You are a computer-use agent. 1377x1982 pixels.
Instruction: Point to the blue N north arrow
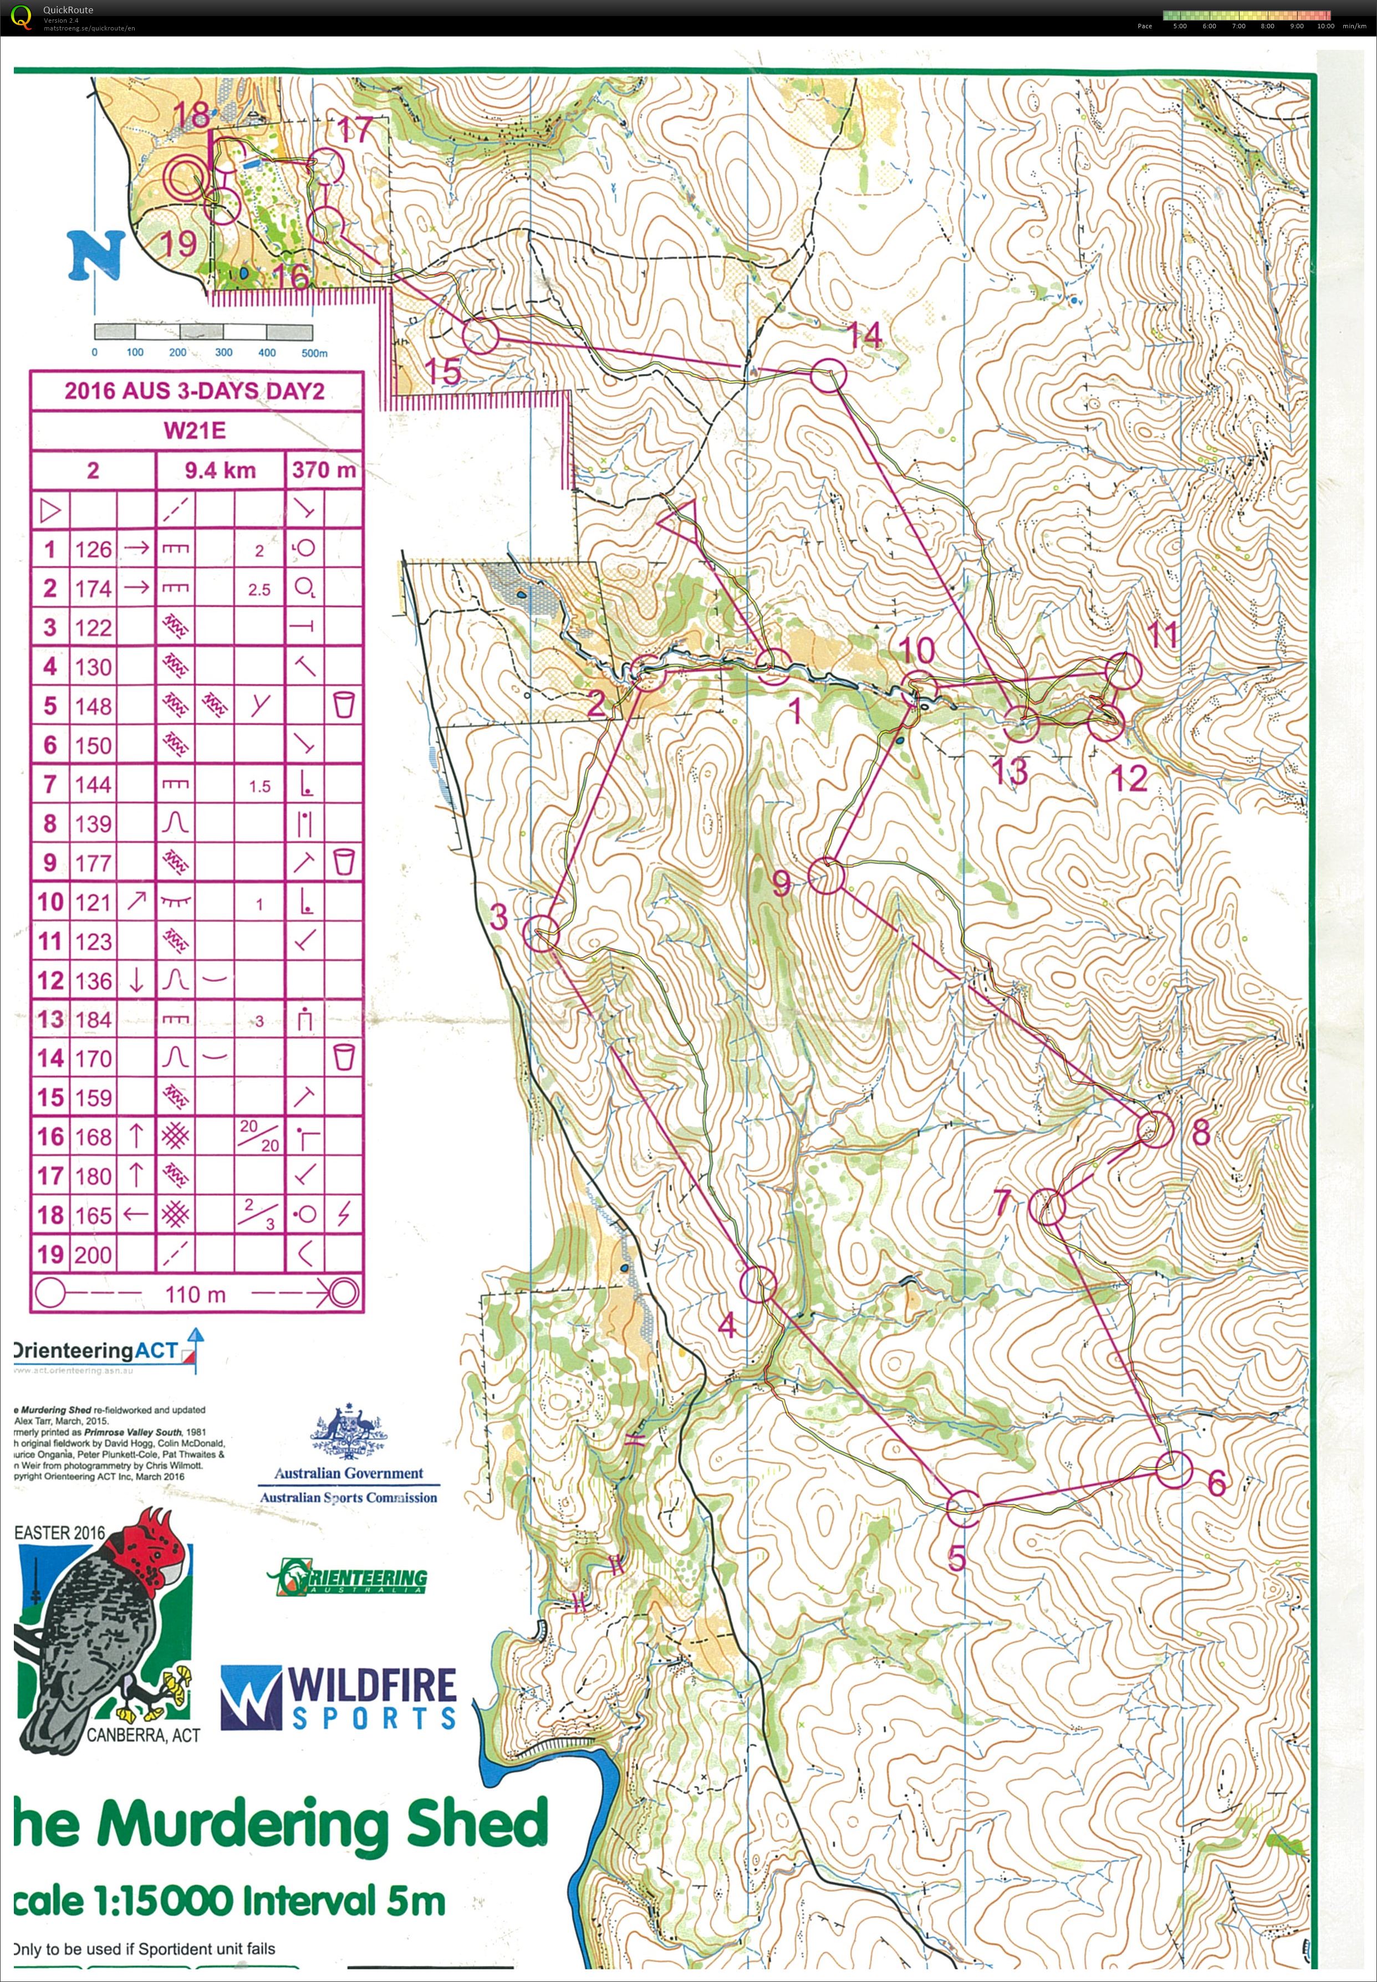(x=96, y=255)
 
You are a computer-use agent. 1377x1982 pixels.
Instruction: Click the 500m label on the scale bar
(x=314, y=353)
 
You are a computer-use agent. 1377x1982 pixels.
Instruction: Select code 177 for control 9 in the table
(x=93, y=863)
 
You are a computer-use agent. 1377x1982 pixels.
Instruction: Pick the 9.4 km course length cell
(x=220, y=470)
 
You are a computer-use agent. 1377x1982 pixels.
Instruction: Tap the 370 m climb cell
(x=324, y=470)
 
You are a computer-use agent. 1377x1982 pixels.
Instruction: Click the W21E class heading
(x=195, y=431)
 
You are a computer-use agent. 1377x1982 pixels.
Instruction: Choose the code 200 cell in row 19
(x=93, y=1255)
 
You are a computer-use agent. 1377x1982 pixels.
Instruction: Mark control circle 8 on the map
(x=1154, y=1129)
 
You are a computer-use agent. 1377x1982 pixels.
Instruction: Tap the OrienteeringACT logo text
(x=96, y=1351)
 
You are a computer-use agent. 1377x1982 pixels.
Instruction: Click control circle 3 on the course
(x=542, y=933)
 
